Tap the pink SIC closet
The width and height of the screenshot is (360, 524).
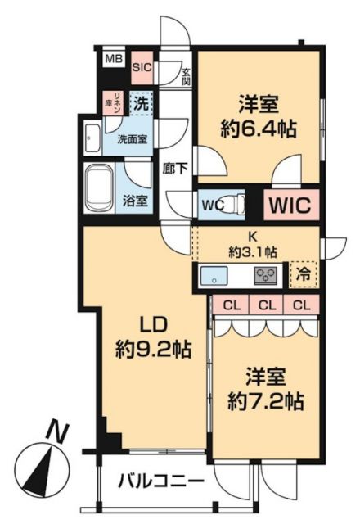pos(142,68)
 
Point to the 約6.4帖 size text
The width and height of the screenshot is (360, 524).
pos(259,129)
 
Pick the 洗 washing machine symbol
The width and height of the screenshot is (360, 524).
pos(142,104)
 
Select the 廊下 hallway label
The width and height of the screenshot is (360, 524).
pos(174,169)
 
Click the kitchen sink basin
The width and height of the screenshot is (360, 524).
pos(217,274)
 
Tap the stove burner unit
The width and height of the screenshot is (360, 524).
pos(268,275)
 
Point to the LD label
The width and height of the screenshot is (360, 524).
pos(153,322)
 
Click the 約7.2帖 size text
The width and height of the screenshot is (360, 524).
pos(265,402)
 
